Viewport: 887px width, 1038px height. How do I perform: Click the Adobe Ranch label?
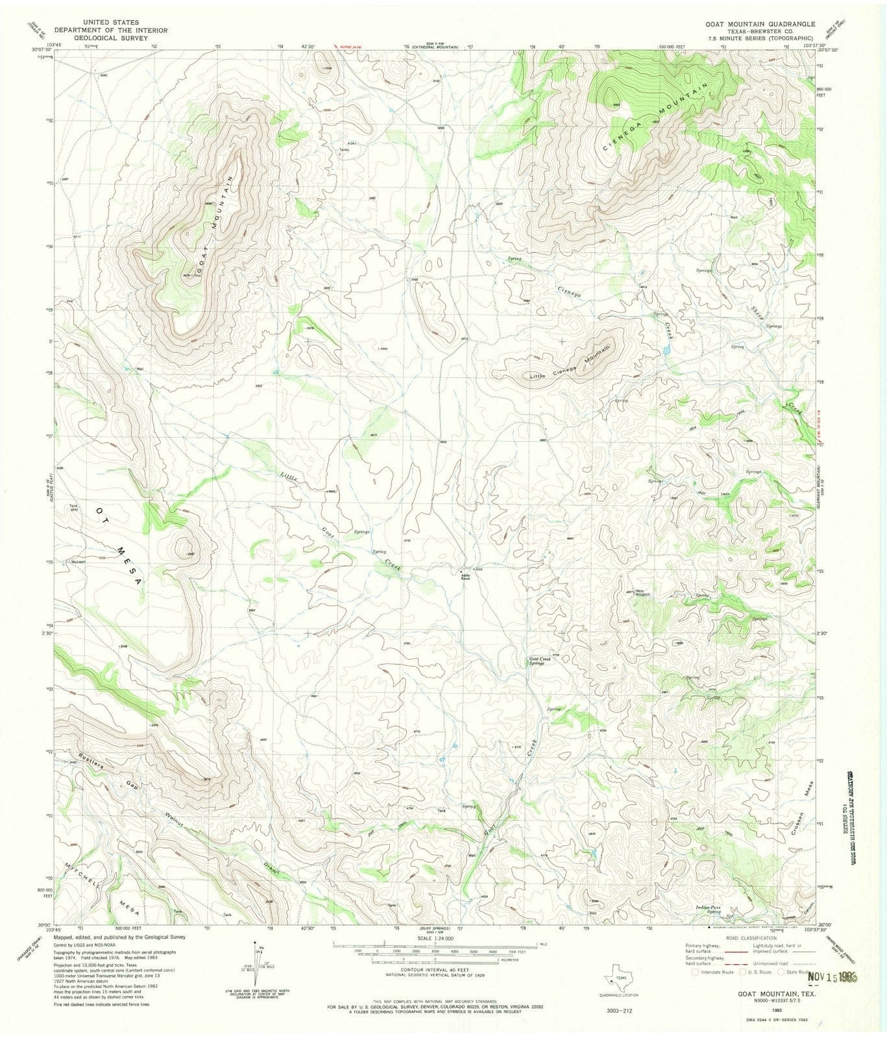pos(465,576)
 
